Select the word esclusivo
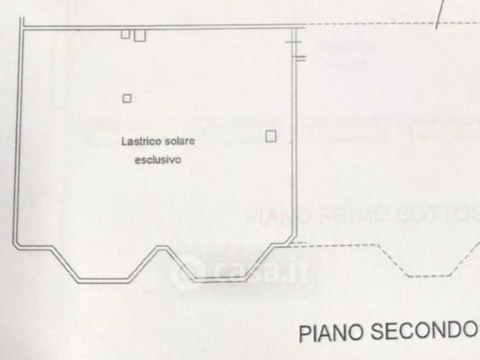coord(158,160)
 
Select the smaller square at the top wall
coord(125,33)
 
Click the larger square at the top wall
coord(139,35)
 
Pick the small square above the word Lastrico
coord(127,98)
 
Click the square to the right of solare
coord(271,136)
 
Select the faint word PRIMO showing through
coord(359,215)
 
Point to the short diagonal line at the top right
coord(440,11)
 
